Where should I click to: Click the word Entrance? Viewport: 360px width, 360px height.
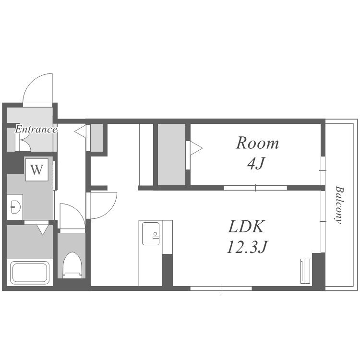point(36,129)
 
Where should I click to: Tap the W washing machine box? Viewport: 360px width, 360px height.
point(37,169)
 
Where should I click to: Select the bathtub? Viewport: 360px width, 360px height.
point(30,273)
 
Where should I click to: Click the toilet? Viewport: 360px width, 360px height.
point(72,265)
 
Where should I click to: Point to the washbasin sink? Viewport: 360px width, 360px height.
point(15,207)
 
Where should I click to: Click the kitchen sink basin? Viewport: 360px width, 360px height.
point(151,233)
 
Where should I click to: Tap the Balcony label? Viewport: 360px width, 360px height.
point(339,204)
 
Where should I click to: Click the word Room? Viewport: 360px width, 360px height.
point(257,143)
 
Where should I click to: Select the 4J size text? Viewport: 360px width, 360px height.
point(256,163)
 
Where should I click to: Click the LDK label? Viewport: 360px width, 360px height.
point(246,227)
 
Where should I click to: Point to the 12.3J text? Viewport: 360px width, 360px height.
point(247,247)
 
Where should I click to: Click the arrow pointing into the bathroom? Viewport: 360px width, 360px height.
point(42,230)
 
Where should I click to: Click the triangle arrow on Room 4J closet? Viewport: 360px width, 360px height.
point(196,148)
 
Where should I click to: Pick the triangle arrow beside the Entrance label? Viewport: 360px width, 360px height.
point(80,132)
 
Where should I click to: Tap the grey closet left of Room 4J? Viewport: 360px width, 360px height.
point(171,154)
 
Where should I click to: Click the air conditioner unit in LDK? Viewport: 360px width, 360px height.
point(305,271)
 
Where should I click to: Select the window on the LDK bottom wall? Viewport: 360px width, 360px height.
point(221,288)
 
